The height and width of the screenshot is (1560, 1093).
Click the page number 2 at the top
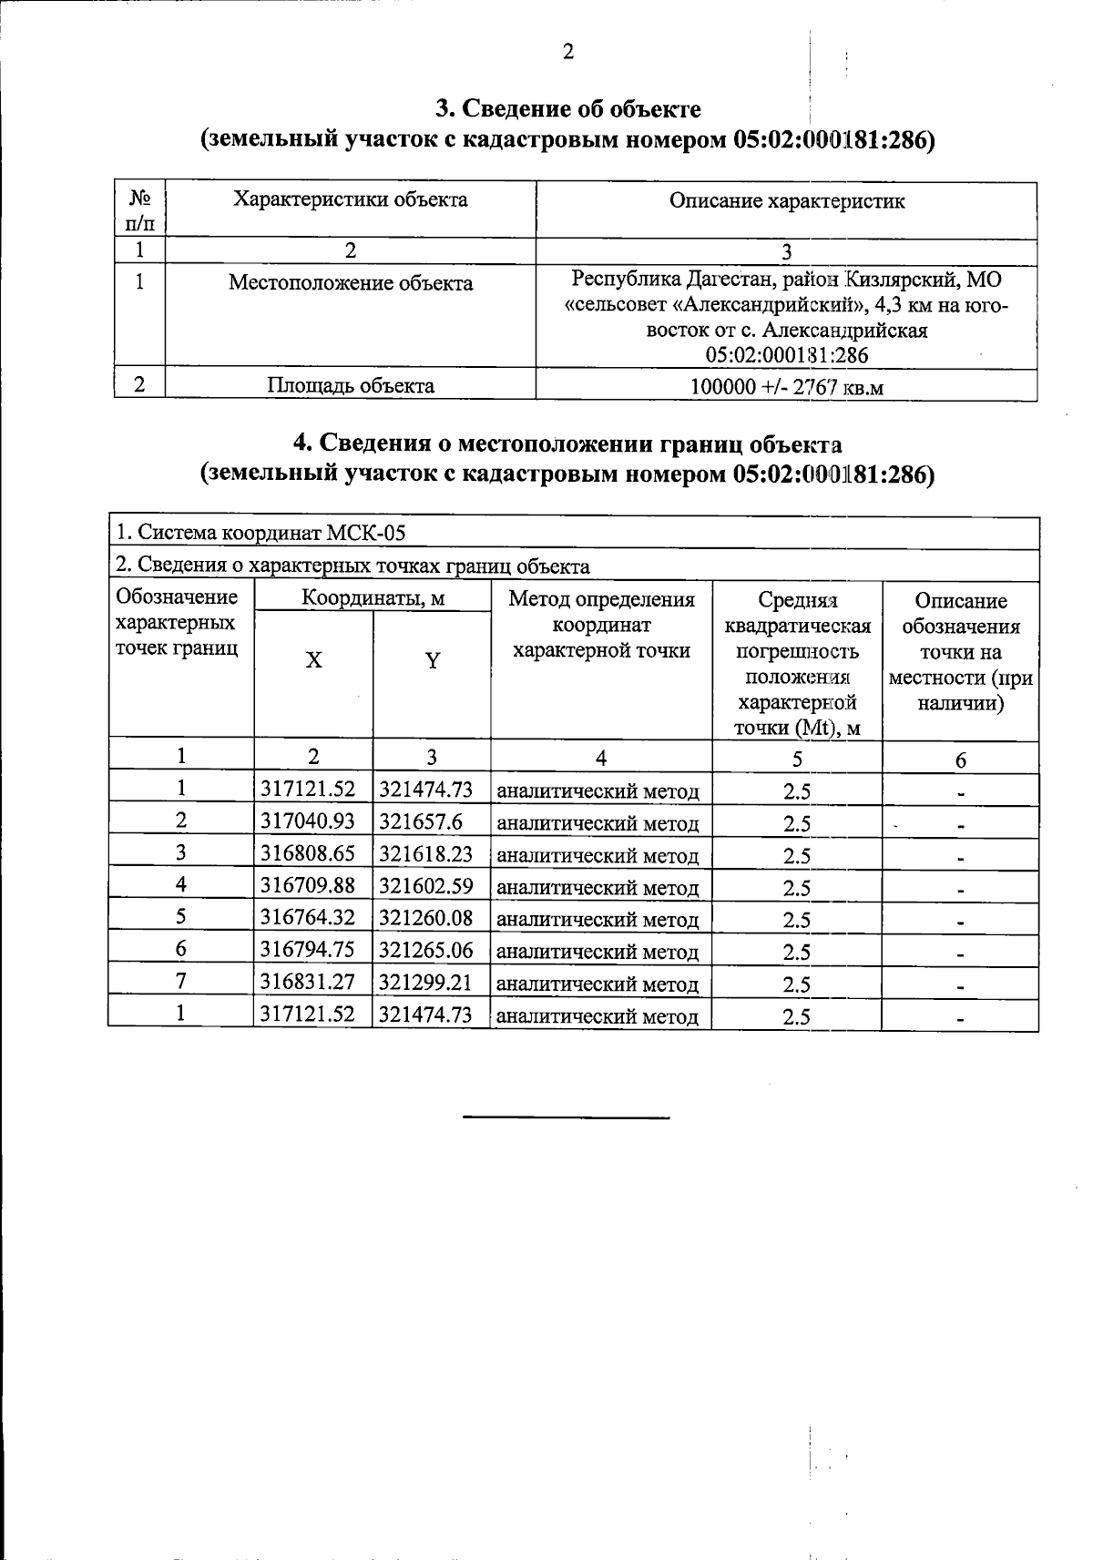coord(567,52)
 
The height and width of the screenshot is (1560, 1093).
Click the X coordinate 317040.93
coord(308,821)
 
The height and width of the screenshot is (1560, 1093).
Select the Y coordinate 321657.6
coord(421,821)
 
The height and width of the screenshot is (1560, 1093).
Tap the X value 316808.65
coord(308,853)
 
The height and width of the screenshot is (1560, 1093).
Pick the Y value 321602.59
coord(425,885)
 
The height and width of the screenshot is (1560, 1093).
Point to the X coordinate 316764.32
coord(308,918)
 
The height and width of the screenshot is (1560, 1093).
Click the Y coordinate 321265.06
coord(425,950)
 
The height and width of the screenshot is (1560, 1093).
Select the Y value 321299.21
coord(425,983)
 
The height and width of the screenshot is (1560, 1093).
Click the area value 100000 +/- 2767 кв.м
coord(787,387)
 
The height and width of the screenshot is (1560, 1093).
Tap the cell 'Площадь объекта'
coord(351,385)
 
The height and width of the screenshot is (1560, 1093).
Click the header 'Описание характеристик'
coord(787,201)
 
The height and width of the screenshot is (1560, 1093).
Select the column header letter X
coord(313,660)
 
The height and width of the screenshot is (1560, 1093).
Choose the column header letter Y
coord(433,661)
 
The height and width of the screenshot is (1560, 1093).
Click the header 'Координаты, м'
coord(373,598)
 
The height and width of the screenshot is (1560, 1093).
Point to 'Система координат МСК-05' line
coord(260,534)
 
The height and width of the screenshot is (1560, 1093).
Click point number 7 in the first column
coord(181,982)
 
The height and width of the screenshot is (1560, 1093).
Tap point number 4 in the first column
coord(181,884)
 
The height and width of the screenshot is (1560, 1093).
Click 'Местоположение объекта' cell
coord(351,283)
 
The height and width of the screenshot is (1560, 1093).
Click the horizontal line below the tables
coord(567,1116)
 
